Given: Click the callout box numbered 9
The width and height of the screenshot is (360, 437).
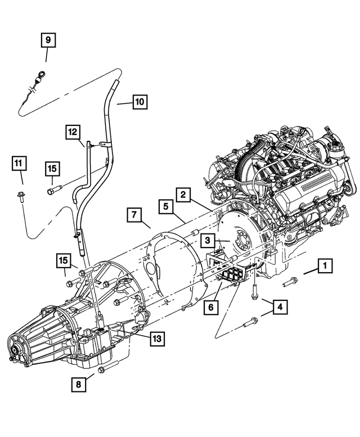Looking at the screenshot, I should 47,40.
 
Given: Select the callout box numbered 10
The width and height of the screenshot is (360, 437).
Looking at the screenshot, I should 139,102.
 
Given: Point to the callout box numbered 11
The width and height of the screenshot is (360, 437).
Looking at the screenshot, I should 19,164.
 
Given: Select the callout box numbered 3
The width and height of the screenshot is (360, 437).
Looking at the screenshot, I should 208,241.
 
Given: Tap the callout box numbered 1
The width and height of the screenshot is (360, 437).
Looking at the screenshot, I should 324,266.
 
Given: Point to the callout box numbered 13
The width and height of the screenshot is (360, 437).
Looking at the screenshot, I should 156,338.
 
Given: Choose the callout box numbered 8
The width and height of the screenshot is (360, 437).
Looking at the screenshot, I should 79,384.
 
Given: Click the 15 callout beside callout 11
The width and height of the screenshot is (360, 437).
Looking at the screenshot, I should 52,168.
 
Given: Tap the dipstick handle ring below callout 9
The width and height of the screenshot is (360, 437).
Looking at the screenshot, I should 42,73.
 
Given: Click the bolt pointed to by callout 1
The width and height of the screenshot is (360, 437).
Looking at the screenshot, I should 290,281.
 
